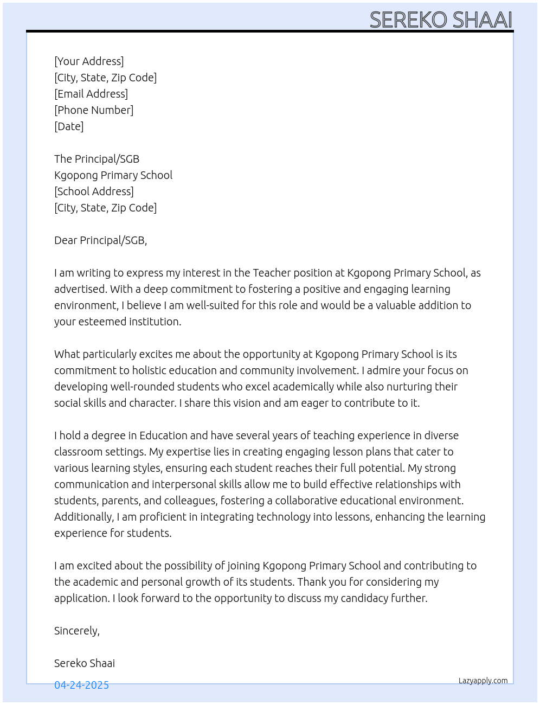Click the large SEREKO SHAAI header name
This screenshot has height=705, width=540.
click(440, 20)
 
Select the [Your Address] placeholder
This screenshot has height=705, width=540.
click(89, 61)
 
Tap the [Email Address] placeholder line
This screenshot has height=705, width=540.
click(91, 94)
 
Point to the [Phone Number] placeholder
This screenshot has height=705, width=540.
click(94, 110)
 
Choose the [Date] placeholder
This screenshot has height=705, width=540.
click(69, 126)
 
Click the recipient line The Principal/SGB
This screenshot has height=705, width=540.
click(97, 159)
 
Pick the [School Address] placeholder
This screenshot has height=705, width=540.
click(94, 191)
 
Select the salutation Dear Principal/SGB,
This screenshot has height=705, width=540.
click(100, 240)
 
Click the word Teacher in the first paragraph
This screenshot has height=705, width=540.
click(272, 273)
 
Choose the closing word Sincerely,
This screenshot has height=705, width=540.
click(77, 631)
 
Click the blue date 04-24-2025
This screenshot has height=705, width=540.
click(81, 685)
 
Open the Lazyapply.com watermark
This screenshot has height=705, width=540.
click(483, 681)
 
